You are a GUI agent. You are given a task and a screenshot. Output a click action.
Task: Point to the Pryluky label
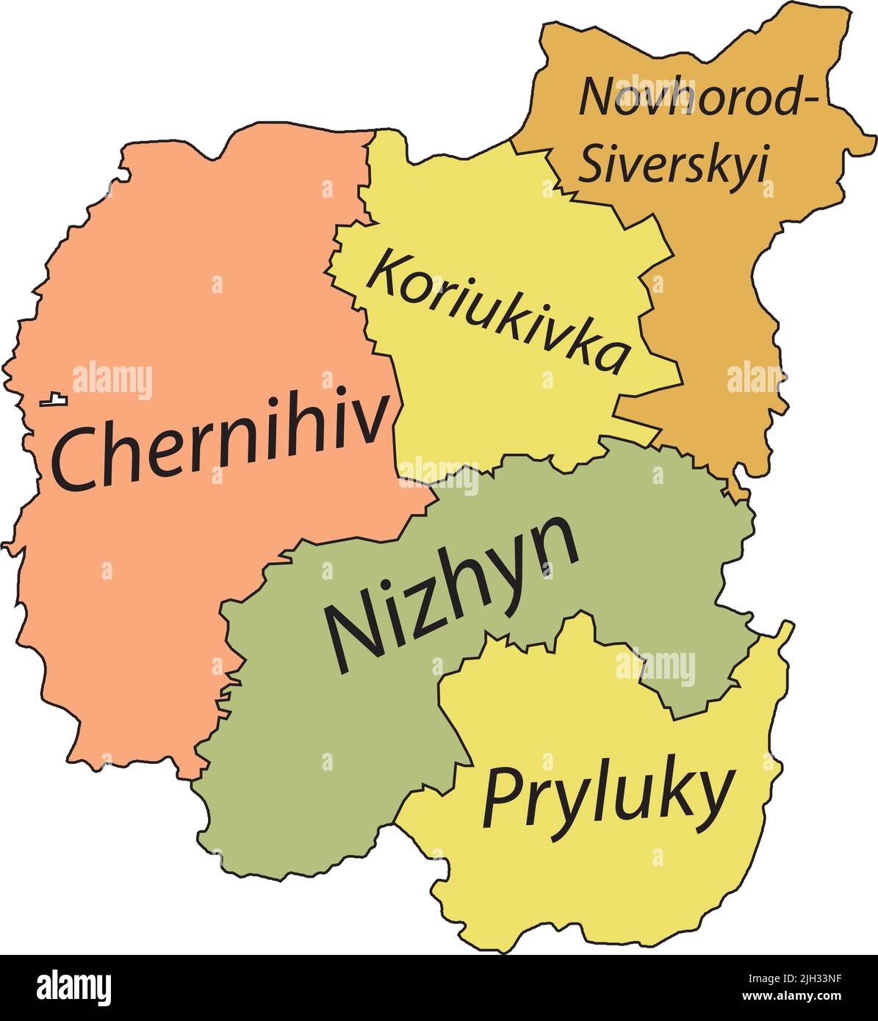click(x=608, y=796)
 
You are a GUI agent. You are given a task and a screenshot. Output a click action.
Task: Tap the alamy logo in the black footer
click(x=74, y=987)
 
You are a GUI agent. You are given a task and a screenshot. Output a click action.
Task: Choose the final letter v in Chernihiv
click(x=370, y=422)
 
